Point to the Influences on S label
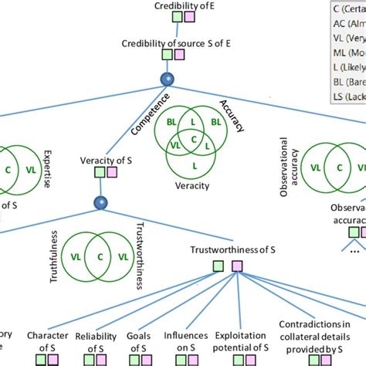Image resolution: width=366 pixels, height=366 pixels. click(185, 341)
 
